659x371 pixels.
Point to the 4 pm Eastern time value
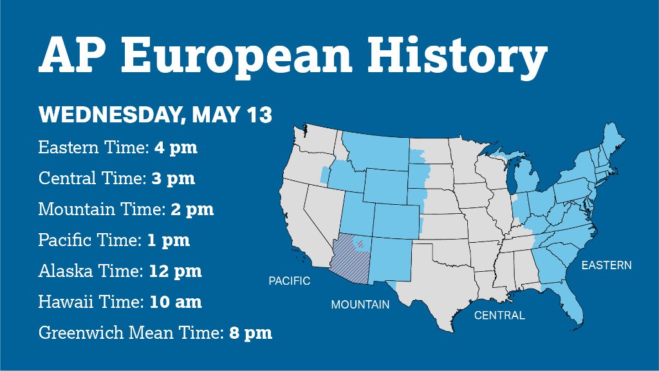point(176,147)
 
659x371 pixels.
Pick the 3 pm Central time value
point(173,178)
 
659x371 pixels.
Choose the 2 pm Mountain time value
point(192,209)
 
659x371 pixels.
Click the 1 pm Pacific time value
point(168,240)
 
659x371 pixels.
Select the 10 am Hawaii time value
point(176,301)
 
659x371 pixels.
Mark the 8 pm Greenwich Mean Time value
point(250,333)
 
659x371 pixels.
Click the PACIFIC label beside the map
point(289,281)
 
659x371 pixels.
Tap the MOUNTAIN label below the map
point(360,304)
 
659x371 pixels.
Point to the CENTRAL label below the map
point(499,315)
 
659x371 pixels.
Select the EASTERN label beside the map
point(606,265)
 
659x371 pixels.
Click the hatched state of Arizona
point(351,258)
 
